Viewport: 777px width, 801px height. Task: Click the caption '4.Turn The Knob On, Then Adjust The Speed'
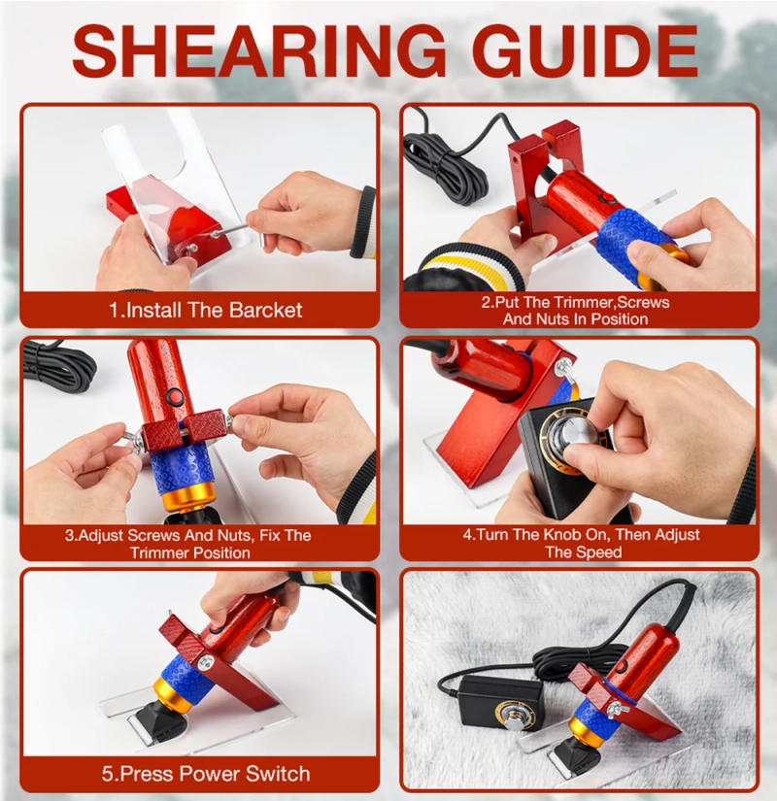581,543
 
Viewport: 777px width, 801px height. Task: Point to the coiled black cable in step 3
58,363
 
